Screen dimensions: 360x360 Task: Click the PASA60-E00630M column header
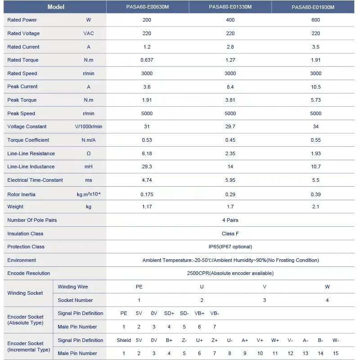coord(147,7)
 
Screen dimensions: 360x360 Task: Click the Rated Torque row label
coord(23,60)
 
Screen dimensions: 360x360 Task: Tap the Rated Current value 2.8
coord(230,47)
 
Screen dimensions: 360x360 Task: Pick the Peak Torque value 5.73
coord(315,100)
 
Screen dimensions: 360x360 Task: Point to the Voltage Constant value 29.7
coord(230,126)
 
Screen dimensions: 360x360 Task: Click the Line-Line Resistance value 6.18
coord(147,153)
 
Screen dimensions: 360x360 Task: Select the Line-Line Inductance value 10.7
coord(315,166)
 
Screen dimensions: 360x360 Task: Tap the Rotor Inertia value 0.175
coord(147,194)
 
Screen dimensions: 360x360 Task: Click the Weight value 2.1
coord(315,207)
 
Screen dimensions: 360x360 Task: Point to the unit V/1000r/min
coord(89,126)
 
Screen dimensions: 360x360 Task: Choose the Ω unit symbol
coord(89,153)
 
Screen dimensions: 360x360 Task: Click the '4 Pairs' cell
coord(230,220)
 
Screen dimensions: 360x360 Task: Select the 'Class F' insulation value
coord(230,234)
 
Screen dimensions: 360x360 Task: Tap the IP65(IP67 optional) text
coord(230,247)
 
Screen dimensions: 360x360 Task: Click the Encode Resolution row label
coord(29,273)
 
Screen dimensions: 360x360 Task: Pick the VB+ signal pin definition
coord(199,313)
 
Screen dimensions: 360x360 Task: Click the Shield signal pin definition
coord(124,340)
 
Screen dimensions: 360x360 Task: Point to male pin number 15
coord(336,353)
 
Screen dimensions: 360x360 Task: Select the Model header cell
coord(56,7)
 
